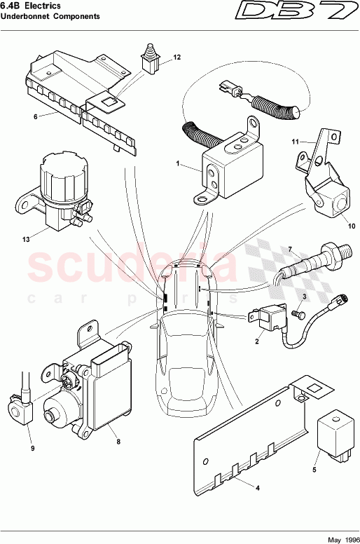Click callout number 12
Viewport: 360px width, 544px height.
click(x=176, y=57)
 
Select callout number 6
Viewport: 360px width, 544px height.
click(x=35, y=117)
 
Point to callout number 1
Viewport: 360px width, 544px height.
click(x=178, y=165)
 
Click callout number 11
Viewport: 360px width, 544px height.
click(x=295, y=142)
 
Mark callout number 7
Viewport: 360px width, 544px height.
click(x=289, y=249)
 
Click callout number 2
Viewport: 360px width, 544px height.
click(x=257, y=342)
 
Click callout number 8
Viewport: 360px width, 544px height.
click(x=118, y=442)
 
